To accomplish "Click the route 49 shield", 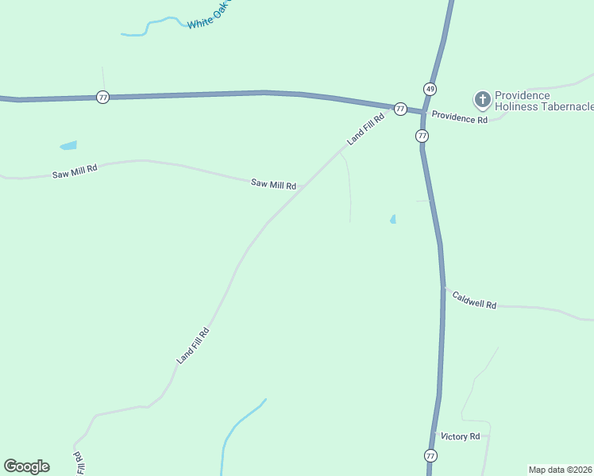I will [430, 88].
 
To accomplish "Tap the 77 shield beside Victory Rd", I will [430, 455].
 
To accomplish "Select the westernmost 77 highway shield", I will [102, 97].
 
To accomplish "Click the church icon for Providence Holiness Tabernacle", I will [482, 100].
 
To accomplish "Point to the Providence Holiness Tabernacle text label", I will [543, 101].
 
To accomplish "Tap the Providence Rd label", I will [459, 118].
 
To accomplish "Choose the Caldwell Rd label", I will [474, 300].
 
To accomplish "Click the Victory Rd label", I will [461, 436].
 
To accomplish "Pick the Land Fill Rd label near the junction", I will [365, 129].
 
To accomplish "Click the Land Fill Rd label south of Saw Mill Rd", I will [193, 345].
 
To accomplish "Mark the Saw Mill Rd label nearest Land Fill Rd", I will [273, 184].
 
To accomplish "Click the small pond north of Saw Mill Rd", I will [69, 146].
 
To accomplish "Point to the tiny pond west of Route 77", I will [393, 219].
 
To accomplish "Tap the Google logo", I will [26, 466].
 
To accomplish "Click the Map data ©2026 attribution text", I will [561, 469].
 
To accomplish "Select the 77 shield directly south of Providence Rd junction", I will [422, 136].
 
